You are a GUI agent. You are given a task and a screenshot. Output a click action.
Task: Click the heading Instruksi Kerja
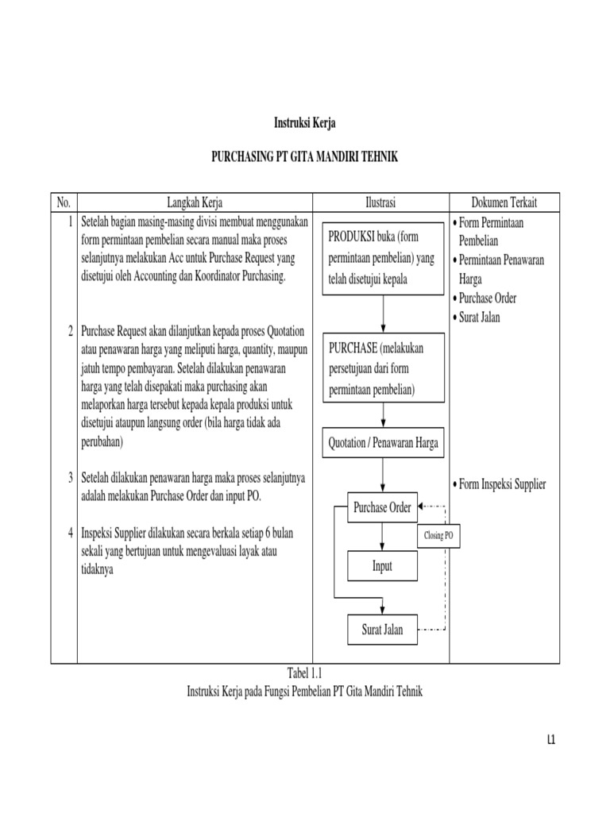[304, 123]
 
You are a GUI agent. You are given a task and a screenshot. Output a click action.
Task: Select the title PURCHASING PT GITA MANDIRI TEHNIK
[304, 158]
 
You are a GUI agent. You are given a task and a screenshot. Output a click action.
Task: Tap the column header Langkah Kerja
[194, 203]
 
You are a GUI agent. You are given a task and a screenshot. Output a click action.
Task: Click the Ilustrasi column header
[380, 203]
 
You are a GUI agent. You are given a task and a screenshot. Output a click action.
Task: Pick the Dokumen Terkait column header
[504, 203]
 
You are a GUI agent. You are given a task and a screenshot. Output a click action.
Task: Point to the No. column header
[64, 203]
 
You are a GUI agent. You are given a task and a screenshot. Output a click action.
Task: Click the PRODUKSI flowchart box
[382, 259]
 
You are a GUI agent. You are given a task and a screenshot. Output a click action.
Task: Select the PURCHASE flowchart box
[382, 370]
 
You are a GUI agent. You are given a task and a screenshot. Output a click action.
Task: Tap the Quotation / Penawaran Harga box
[383, 444]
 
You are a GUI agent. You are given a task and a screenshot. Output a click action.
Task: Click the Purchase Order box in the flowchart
[382, 508]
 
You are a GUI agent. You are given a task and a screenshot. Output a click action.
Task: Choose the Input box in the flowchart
[382, 566]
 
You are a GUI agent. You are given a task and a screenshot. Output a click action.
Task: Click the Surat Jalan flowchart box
[382, 630]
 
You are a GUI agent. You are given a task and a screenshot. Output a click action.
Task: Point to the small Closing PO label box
[438, 537]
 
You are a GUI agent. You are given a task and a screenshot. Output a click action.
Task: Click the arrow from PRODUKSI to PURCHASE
[383, 314]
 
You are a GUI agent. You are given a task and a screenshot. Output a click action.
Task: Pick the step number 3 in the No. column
[70, 478]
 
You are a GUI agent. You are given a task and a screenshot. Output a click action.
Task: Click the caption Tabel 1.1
[305, 674]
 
